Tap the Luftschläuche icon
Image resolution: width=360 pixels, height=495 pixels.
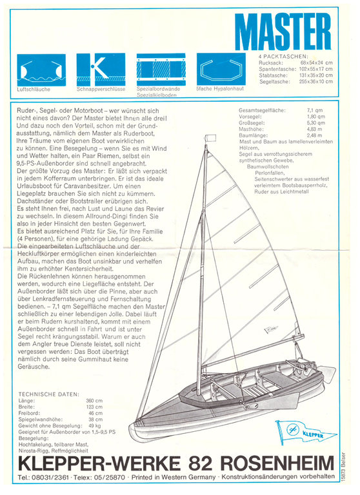(x=39, y=68)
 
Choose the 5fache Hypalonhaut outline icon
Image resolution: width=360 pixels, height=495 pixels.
(x=219, y=68)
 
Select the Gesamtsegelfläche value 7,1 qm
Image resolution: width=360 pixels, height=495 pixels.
(x=315, y=110)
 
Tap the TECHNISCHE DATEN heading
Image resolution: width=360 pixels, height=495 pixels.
(x=49, y=393)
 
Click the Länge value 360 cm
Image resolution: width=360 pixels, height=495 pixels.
(x=94, y=400)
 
